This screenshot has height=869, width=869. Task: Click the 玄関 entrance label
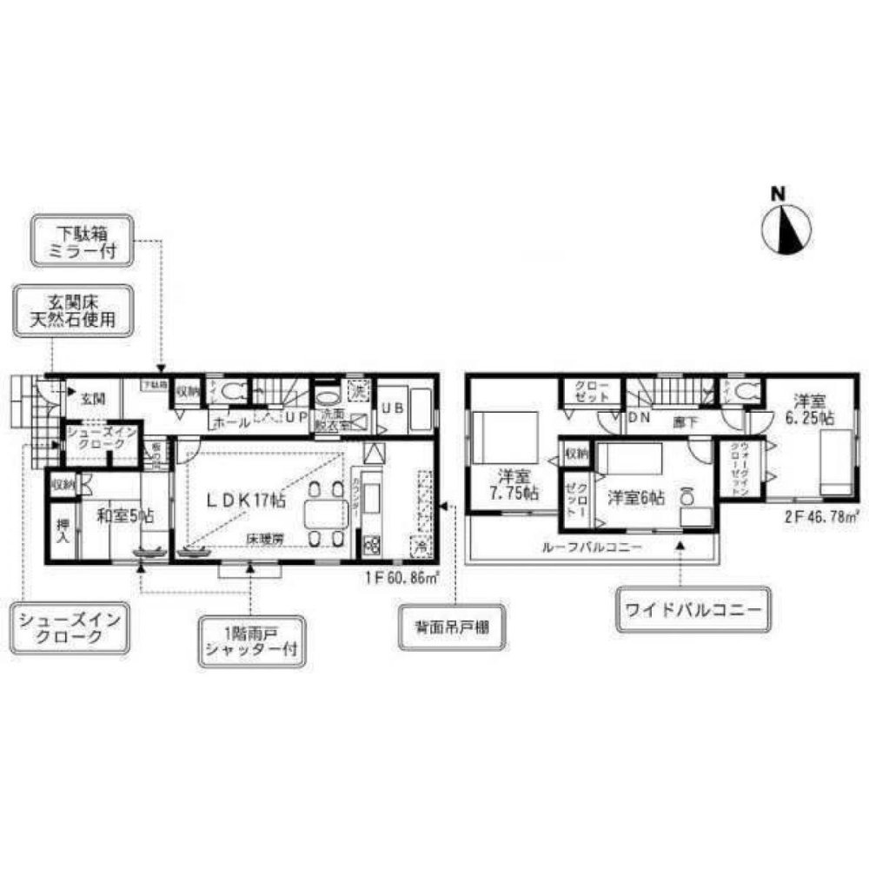click(x=93, y=400)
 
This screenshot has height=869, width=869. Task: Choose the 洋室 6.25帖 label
click(x=813, y=409)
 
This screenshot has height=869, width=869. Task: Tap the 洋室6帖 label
click(x=636, y=498)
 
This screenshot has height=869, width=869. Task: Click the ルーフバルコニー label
click(x=591, y=548)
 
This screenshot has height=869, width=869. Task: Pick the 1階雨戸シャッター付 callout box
click(x=251, y=641)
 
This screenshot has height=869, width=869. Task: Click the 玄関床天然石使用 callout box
click(x=77, y=311)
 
